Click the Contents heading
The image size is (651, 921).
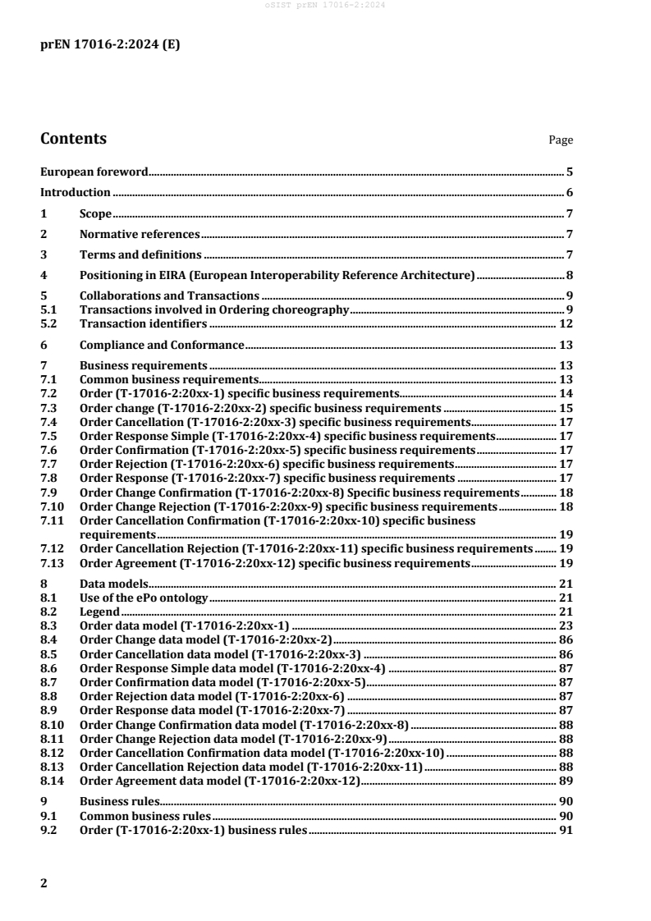(x=73, y=139)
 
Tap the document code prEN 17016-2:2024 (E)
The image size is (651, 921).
(x=110, y=45)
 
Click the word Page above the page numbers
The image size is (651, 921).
(x=561, y=140)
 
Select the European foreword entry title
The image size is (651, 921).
(x=94, y=172)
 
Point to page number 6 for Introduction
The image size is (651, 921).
(x=569, y=193)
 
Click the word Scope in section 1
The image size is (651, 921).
(x=95, y=214)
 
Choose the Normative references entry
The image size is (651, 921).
(x=140, y=235)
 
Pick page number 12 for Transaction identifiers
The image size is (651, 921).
(x=566, y=324)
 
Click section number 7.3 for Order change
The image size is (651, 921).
(x=48, y=407)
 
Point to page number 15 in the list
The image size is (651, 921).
(x=566, y=407)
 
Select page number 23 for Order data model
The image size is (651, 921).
(x=566, y=625)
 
